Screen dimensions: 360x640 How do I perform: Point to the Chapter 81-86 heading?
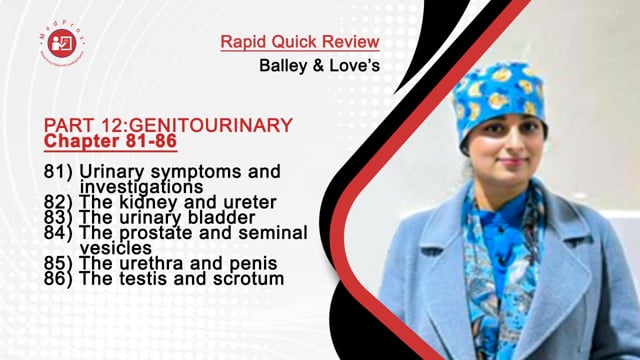coord(111,142)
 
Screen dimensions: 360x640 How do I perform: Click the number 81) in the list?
coord(58,171)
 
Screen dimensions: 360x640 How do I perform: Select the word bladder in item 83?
coord(225,217)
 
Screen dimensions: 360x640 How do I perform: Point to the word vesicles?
coord(115,247)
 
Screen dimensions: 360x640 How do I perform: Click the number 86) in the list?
coord(58,279)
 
